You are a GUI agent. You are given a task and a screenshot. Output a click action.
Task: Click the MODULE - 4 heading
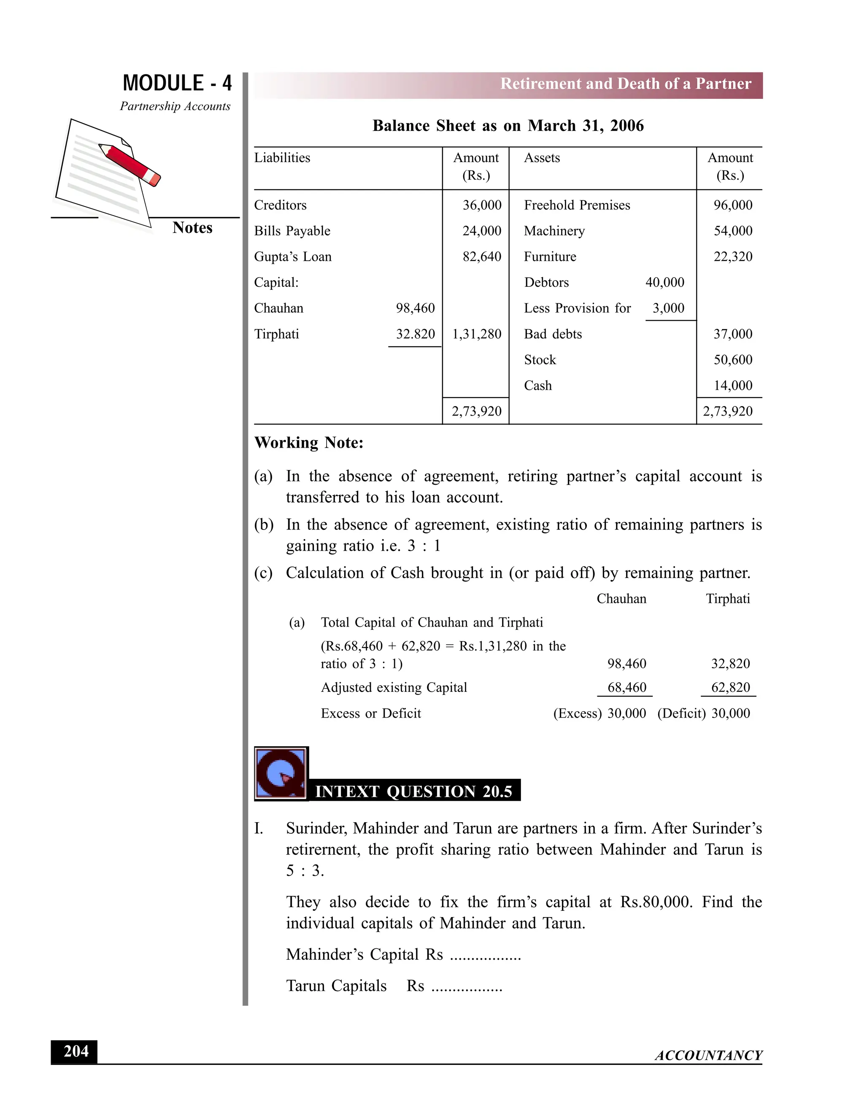pos(177,83)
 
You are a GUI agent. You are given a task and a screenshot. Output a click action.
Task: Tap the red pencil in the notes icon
pos(130,164)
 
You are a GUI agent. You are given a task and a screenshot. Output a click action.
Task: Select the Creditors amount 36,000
pos(482,205)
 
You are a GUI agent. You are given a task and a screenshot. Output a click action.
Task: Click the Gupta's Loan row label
pos(293,257)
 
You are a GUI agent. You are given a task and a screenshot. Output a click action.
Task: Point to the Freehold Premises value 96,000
pos(732,205)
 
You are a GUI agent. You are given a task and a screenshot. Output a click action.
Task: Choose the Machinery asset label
pos(554,231)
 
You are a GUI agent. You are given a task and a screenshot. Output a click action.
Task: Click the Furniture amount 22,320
pos(732,257)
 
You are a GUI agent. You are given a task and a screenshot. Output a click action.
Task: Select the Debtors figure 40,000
pos(664,282)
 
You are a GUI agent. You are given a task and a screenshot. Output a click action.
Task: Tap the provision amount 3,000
pos(668,308)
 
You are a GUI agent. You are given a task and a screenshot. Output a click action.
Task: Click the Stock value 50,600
pos(732,359)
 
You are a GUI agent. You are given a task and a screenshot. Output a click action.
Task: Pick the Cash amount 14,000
pos(732,386)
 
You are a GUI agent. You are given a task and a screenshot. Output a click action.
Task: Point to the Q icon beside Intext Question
pos(281,773)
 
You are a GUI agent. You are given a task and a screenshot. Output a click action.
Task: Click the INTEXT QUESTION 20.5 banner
pos(413,791)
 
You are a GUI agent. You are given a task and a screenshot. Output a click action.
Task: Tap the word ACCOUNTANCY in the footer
pos(708,1056)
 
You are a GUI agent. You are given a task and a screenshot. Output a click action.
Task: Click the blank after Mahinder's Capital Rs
pos(485,955)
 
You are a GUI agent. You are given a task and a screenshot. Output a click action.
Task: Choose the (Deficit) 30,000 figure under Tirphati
pos(703,713)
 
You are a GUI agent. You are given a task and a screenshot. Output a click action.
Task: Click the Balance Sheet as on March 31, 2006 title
pos(508,126)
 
